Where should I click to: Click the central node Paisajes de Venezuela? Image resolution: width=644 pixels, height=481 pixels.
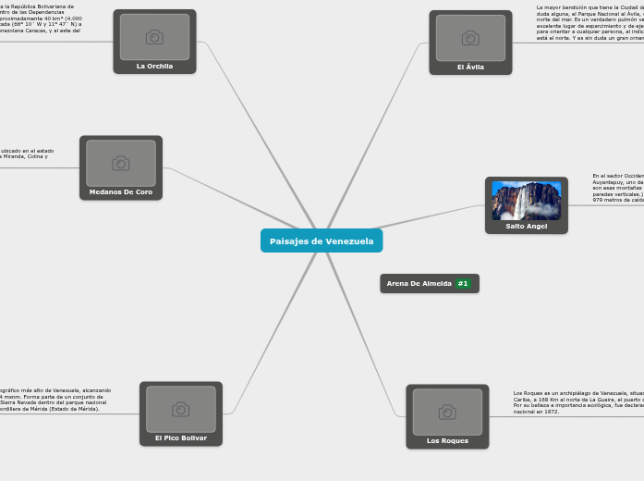pyautogui.click(x=322, y=240)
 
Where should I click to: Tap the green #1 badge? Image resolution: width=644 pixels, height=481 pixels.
pyautogui.click(x=463, y=283)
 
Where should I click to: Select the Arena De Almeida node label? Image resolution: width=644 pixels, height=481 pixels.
pyautogui.click(x=419, y=283)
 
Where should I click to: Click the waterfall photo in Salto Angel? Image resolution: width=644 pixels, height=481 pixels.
pyautogui.click(x=526, y=200)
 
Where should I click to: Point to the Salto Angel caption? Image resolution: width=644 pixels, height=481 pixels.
pyautogui.click(x=526, y=226)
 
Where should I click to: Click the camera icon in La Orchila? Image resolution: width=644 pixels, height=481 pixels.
pyautogui.click(x=154, y=37)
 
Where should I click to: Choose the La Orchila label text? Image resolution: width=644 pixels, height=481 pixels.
pyautogui.click(x=154, y=67)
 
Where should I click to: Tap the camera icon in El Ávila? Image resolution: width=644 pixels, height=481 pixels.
pyautogui.click(x=470, y=38)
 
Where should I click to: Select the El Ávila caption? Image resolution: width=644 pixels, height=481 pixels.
pyautogui.click(x=470, y=68)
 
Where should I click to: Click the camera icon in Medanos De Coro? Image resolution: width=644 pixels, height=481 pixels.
pyautogui.click(x=120, y=163)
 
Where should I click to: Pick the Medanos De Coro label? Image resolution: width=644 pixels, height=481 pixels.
pyautogui.click(x=120, y=192)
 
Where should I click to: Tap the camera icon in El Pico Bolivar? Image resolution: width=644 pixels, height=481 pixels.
pyautogui.click(x=180, y=409)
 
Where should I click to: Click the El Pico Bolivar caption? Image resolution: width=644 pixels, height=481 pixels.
pyautogui.click(x=180, y=438)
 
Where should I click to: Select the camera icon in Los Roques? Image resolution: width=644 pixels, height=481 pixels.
pyautogui.click(x=447, y=412)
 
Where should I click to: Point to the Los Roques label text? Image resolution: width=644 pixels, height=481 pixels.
pyautogui.click(x=447, y=441)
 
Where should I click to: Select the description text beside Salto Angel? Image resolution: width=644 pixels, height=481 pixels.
pyautogui.click(x=618, y=188)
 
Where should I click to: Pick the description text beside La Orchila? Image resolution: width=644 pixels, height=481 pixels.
pyautogui.click(x=42, y=19)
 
